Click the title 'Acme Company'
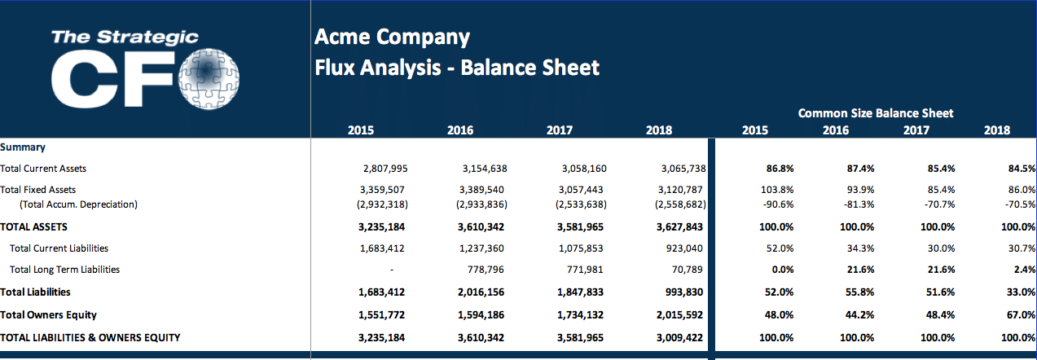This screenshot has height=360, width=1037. (392, 37)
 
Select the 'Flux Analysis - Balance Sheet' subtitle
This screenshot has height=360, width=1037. (457, 68)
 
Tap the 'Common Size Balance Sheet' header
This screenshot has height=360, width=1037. (875, 113)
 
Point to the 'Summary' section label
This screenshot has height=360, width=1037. (23, 147)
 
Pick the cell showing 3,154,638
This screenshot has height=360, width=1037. (484, 169)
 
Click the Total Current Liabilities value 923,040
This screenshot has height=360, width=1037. (687, 248)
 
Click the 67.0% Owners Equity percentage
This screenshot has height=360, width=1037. (1022, 314)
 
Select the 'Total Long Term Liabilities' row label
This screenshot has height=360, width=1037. (64, 270)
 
